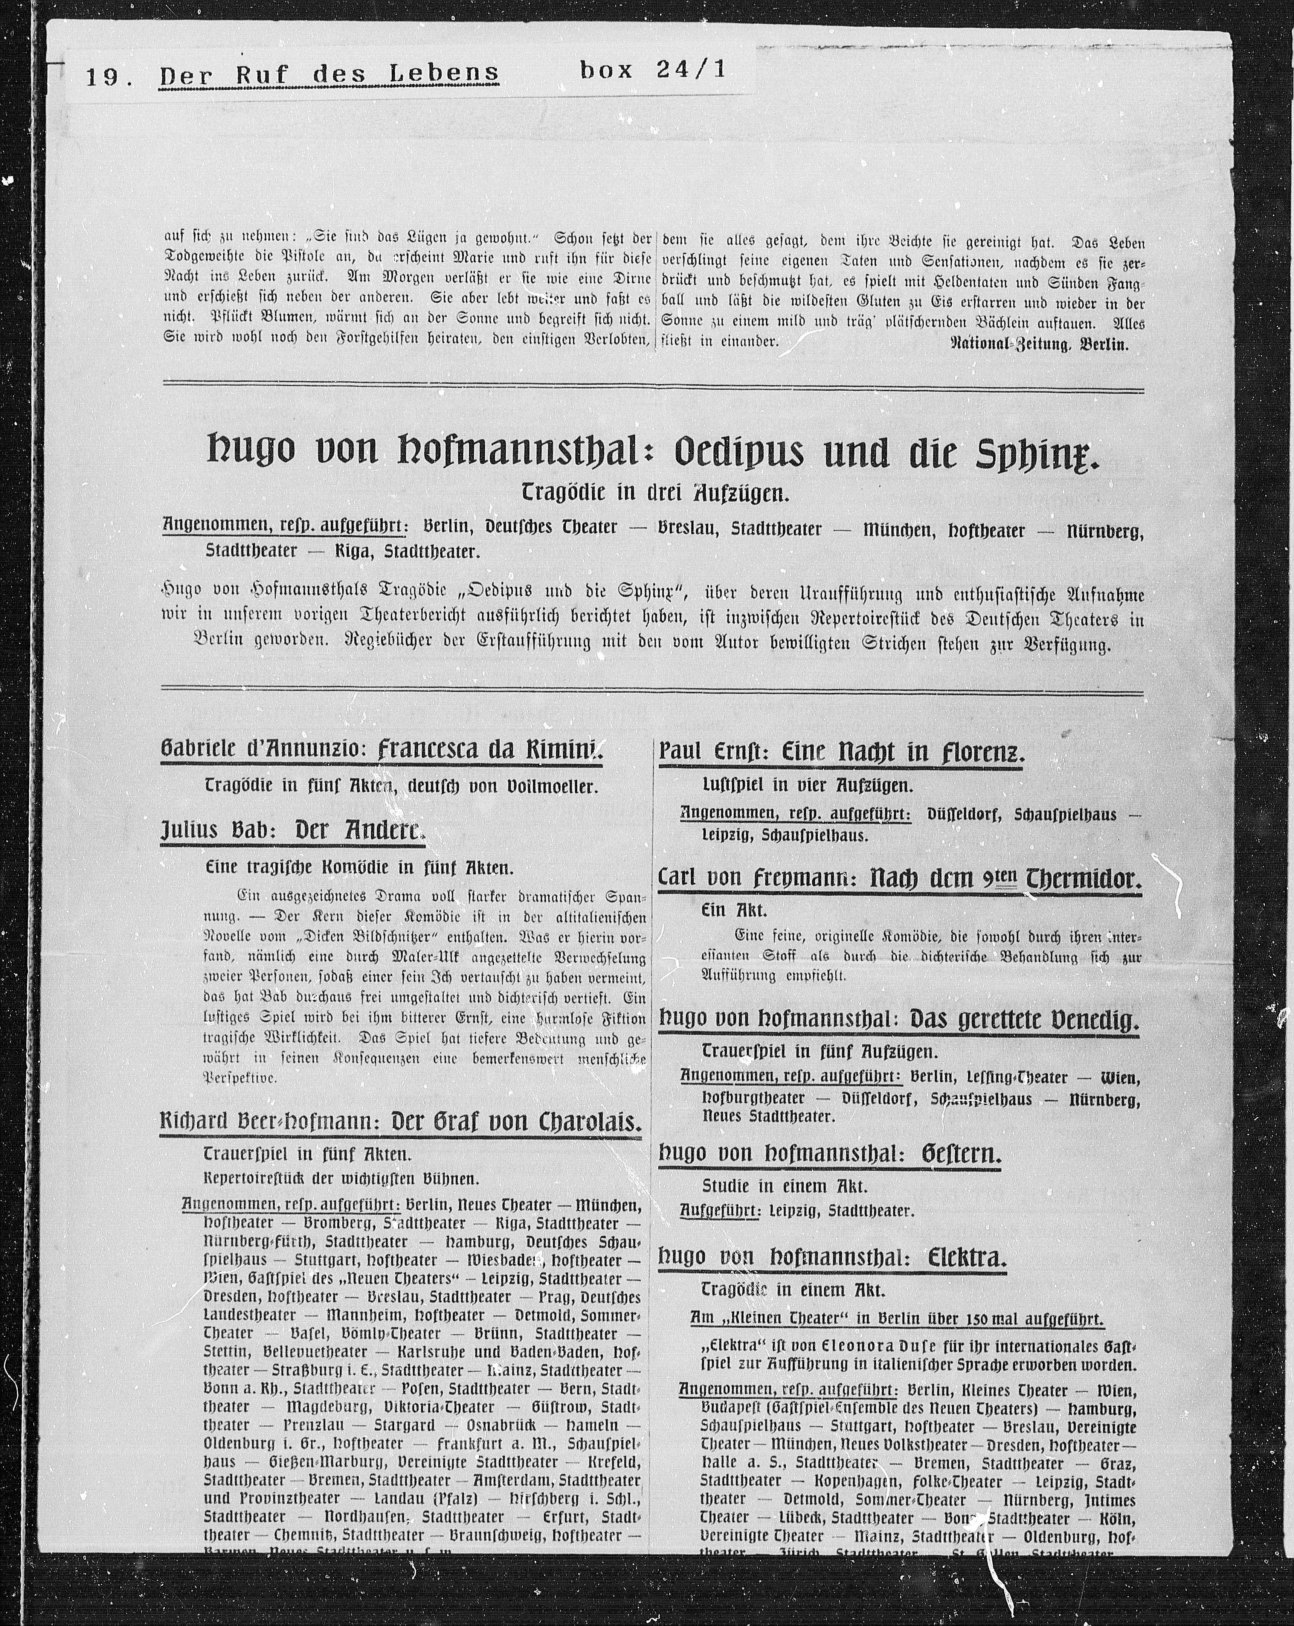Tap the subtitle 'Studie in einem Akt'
[785, 1186]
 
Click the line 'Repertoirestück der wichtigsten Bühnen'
[340, 1178]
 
